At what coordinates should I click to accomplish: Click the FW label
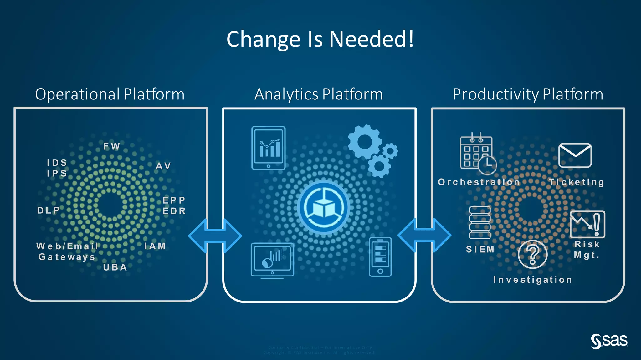(112, 146)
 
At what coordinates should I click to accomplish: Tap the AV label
(163, 166)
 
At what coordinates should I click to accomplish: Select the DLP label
(49, 210)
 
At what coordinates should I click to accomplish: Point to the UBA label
(115, 267)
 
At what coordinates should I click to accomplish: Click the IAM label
(155, 246)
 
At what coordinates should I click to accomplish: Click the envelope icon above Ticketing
(575, 155)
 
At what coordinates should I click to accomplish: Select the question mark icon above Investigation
(532, 254)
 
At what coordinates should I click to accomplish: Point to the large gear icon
(365, 142)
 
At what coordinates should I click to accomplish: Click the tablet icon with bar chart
(269, 148)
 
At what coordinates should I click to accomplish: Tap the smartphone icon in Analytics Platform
(380, 257)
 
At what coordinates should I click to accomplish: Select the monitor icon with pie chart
(272, 260)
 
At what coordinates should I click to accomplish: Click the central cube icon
(324, 207)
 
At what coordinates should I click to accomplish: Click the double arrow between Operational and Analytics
(215, 236)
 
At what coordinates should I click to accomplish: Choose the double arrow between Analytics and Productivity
(424, 235)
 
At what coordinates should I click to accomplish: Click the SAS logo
(609, 341)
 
